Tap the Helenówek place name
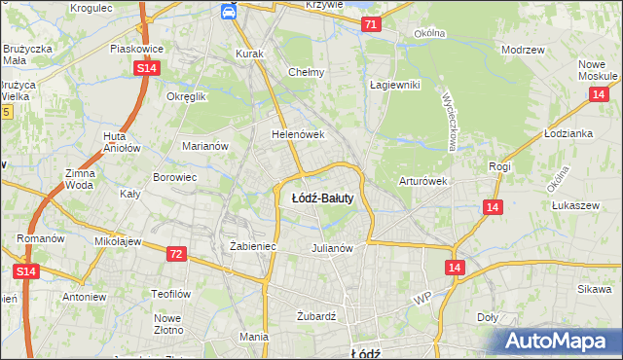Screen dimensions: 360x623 (x=297, y=134)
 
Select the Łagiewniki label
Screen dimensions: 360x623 (x=394, y=85)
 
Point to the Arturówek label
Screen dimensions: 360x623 (x=422, y=181)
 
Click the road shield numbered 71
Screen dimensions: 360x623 (x=370, y=23)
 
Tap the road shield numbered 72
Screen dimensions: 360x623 (x=175, y=254)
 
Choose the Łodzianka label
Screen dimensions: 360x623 (x=569, y=133)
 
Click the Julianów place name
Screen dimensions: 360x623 (x=331, y=247)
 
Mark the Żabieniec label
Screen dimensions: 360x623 (x=253, y=247)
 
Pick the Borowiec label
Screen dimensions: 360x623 (x=175, y=178)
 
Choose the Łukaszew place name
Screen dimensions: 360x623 (x=574, y=206)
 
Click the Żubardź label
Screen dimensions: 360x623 (x=315, y=316)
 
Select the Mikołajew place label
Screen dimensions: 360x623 (x=119, y=240)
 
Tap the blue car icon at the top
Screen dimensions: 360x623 (x=227, y=11)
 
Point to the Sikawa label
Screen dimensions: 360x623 (x=594, y=289)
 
